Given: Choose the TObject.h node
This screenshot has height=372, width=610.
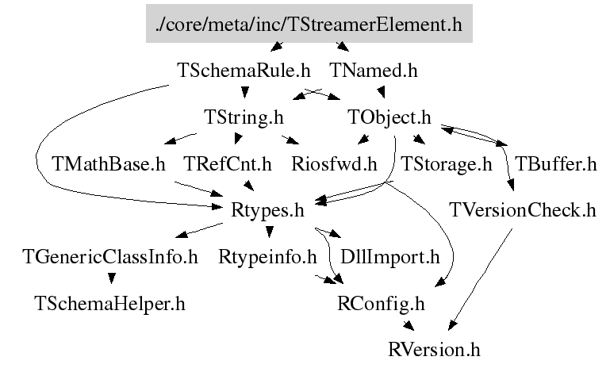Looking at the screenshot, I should (x=389, y=117).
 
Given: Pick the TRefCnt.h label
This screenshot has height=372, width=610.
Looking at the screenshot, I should (x=228, y=164).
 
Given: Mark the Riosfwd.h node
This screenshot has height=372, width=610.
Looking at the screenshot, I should (x=334, y=164).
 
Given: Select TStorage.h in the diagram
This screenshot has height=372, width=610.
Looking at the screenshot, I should (x=447, y=164).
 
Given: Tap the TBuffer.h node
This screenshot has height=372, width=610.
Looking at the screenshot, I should (x=555, y=164).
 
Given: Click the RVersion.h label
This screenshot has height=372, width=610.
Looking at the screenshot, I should (x=435, y=348).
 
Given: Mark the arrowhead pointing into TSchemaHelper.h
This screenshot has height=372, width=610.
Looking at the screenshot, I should (x=110, y=278).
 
